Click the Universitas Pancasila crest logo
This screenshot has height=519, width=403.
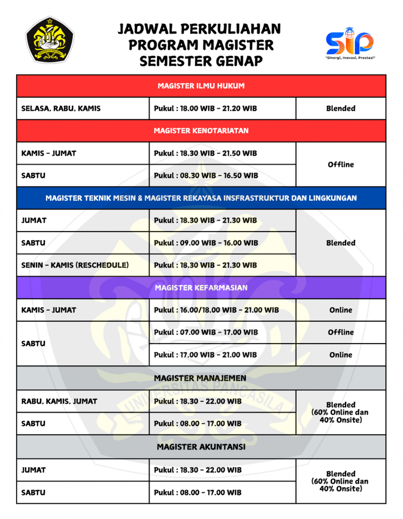point(50,39)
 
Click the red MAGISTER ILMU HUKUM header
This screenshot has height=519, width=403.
point(201,86)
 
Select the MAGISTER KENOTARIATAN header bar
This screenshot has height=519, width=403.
point(201,131)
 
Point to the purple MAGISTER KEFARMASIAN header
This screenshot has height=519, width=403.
point(201,288)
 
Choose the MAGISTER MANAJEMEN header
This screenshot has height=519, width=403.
point(201,378)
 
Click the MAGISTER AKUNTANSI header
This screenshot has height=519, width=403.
point(201,447)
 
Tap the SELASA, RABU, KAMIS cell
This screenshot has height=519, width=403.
point(61,108)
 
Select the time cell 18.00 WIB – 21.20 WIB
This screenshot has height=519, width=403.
point(206,108)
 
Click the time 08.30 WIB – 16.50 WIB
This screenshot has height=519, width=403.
point(206,175)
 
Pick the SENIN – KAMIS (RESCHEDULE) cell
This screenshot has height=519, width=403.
point(75,265)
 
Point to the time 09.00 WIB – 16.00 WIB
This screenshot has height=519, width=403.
point(206,243)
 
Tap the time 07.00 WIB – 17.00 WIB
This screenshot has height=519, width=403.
point(206,332)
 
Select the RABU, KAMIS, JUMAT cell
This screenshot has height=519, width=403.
point(59,401)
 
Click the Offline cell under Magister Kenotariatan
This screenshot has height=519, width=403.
point(341,164)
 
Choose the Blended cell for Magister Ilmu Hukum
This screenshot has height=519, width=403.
point(341,108)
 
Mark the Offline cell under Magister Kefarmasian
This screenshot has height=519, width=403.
point(341,332)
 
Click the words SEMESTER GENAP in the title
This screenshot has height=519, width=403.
point(201,61)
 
